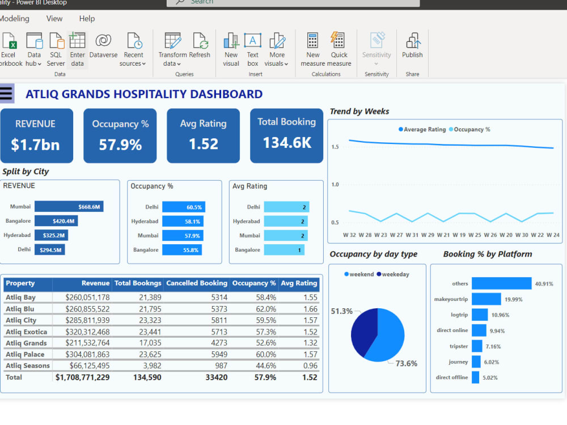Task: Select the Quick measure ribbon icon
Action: tap(338, 48)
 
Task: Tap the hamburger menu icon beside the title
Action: tap(6, 93)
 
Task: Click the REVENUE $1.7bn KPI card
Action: tap(36, 135)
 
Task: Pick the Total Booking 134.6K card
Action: tap(286, 135)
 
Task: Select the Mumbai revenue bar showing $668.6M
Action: tap(69, 207)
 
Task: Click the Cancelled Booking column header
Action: tap(196, 283)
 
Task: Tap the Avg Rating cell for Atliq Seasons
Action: tap(310, 365)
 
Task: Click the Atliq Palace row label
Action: tap(24, 354)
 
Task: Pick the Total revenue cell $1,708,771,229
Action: tap(83, 377)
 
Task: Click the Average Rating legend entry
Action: tap(422, 130)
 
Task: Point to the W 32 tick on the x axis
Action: tap(349, 235)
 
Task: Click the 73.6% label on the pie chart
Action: tap(406, 364)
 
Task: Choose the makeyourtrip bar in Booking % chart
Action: tap(486, 299)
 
